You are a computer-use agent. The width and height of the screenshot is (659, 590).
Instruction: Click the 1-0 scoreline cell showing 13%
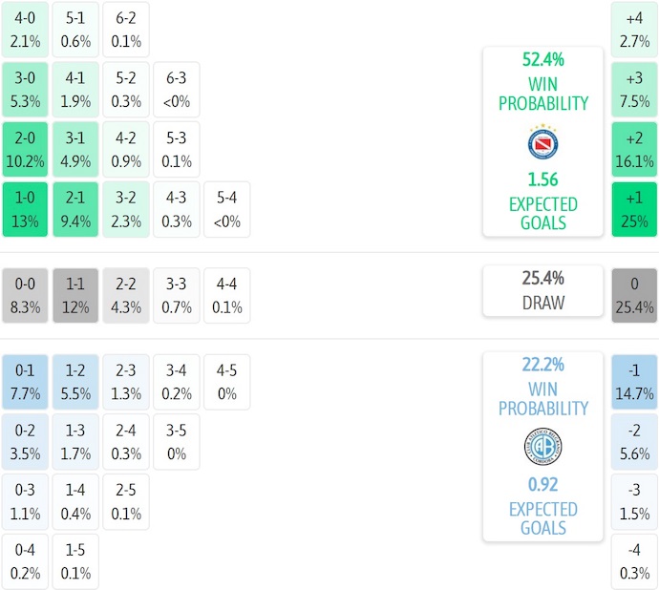(x=25, y=209)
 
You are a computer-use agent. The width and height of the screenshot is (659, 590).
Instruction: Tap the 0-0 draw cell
(x=25, y=295)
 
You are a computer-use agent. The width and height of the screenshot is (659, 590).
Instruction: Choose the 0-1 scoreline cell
(x=25, y=381)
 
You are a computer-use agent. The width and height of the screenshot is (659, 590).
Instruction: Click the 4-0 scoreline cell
(x=25, y=29)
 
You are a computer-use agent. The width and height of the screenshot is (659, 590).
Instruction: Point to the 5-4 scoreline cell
(x=227, y=209)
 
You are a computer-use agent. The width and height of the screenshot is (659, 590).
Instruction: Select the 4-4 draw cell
(x=227, y=295)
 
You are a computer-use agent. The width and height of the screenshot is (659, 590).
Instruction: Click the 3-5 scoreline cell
(x=177, y=441)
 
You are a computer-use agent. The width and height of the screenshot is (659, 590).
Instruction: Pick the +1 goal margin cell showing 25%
(x=634, y=209)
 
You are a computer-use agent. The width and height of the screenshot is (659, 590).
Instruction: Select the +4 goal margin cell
(x=634, y=29)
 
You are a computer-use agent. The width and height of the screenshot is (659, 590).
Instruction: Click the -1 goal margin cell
(x=634, y=381)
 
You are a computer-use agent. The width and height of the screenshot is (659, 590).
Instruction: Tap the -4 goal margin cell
(x=634, y=561)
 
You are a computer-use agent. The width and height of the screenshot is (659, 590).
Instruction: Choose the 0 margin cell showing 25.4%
(x=634, y=295)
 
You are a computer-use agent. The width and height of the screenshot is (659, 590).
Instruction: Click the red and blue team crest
(x=542, y=143)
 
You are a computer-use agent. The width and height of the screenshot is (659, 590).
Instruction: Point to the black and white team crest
(x=542, y=447)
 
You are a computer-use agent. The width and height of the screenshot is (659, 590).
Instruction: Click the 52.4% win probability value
(x=542, y=59)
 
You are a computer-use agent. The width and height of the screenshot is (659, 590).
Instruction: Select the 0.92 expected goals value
(x=542, y=484)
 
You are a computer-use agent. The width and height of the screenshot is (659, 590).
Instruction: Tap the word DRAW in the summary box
(x=542, y=303)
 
